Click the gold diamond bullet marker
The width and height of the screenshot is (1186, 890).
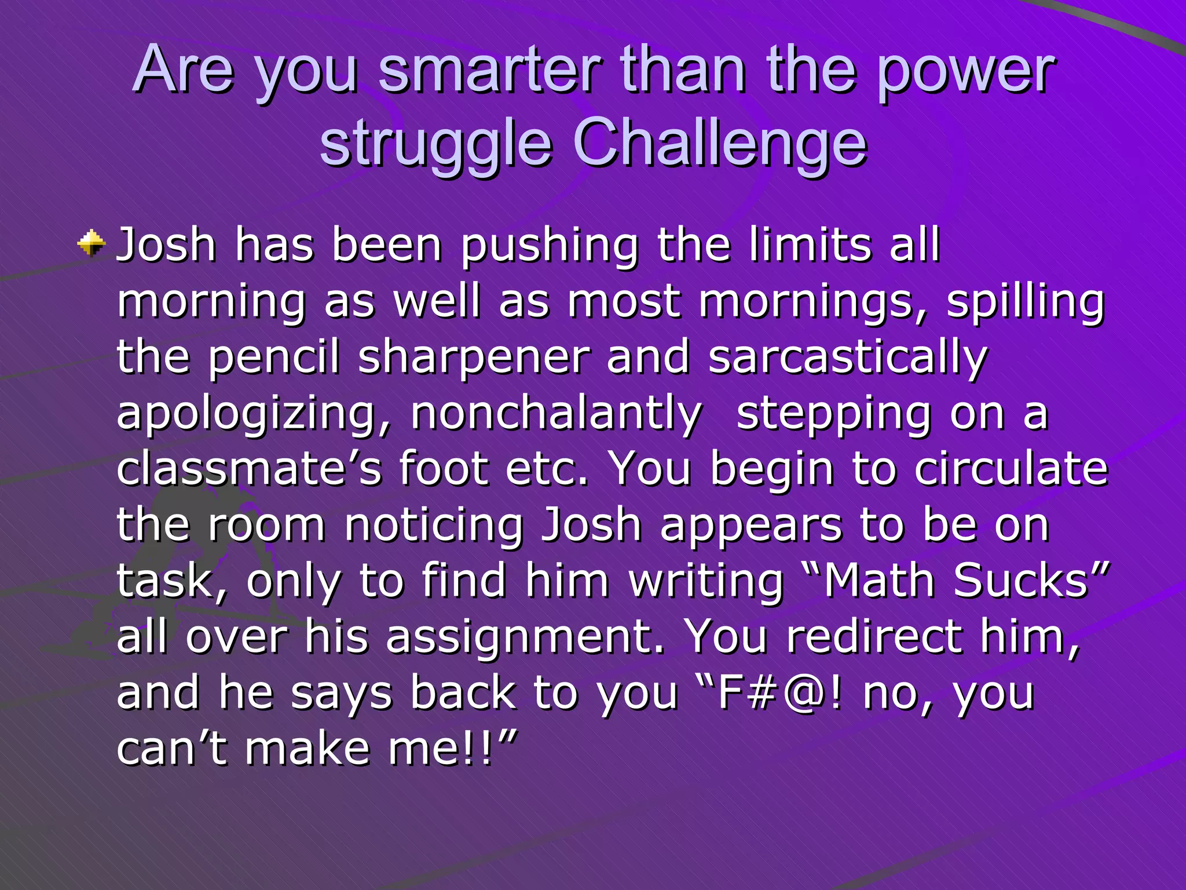pyautogui.click(x=91, y=243)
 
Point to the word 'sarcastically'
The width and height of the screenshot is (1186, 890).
pyautogui.click(x=848, y=358)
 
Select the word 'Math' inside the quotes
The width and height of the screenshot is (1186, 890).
pyautogui.click(x=880, y=581)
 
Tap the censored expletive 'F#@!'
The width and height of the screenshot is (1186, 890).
pyautogui.click(x=781, y=693)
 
